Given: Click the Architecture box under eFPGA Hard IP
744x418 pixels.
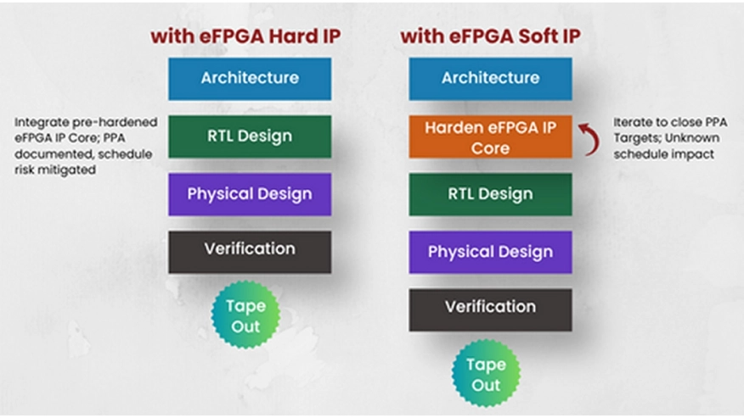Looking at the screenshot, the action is [250, 79].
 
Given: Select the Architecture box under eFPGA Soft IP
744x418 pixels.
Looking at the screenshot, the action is [490, 79].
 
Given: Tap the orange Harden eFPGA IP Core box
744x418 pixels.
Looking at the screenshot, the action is [490, 137].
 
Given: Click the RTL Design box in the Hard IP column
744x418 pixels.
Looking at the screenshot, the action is [250, 137].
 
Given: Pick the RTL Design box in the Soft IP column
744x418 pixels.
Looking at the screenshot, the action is [490, 194].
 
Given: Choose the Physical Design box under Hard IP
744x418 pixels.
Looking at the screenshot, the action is [250, 194].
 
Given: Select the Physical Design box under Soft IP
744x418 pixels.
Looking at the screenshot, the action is [490, 252].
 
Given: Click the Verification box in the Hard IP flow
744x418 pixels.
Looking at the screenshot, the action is [250, 252].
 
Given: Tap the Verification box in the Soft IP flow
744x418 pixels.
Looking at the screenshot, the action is [490, 310].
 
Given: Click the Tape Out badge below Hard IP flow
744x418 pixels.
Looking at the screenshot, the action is [245, 315].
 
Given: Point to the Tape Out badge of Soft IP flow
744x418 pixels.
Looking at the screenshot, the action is [486, 373].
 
